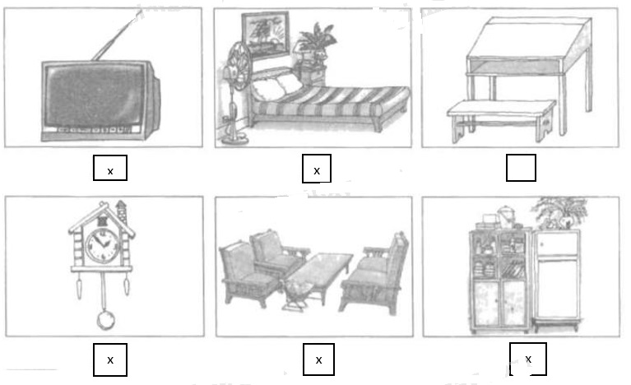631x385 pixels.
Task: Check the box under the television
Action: pos(110,169)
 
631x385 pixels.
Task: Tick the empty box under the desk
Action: pos(521,169)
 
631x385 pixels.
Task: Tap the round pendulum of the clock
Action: pos(104,318)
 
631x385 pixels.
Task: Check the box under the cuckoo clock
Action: pos(110,359)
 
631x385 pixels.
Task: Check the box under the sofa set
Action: pos(318,359)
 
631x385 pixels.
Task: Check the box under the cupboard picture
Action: pos(527,359)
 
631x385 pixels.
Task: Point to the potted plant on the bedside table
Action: pos(315,41)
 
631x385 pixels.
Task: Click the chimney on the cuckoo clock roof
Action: pos(121,206)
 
